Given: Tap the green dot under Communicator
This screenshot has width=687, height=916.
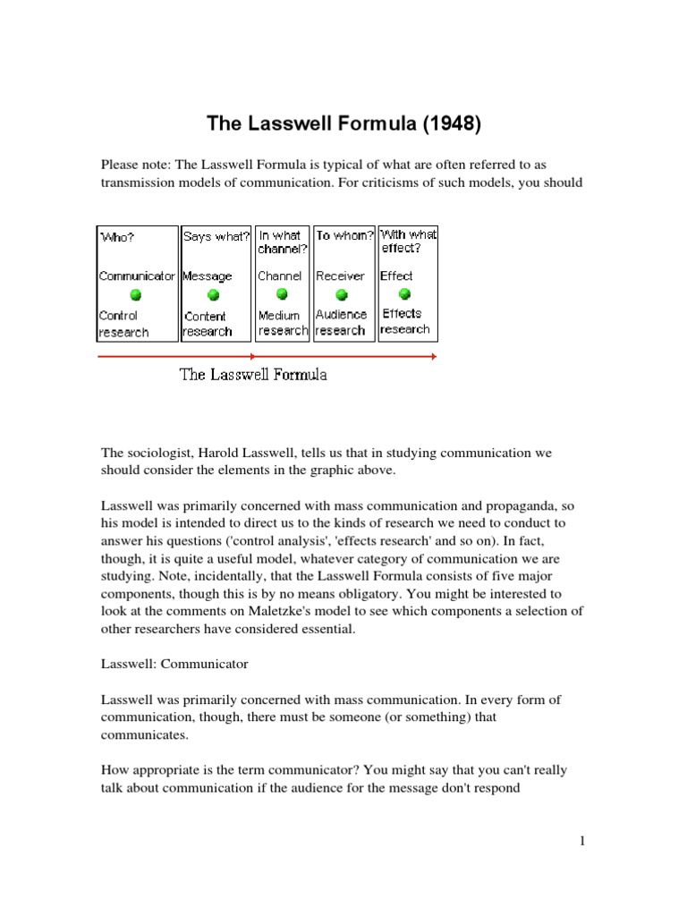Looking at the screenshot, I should click(135, 294).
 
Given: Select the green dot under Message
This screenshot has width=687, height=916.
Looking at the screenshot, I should click(213, 294).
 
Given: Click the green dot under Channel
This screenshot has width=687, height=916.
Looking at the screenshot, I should click(282, 293).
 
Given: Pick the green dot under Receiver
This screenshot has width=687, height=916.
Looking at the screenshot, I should click(341, 293).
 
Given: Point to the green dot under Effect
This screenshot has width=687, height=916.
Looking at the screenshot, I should click(404, 293).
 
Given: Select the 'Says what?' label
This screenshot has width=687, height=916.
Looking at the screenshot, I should click(216, 237).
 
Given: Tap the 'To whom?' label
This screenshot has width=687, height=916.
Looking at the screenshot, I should click(344, 236).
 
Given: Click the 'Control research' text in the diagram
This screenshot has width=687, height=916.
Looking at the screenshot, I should click(123, 324).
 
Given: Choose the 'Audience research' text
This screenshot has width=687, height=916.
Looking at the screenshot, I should click(341, 322).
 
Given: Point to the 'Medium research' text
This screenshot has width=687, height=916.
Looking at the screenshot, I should click(282, 323).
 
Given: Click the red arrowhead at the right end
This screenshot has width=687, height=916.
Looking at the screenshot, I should click(433, 357).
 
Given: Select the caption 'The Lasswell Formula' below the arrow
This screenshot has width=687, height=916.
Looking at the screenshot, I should click(253, 375).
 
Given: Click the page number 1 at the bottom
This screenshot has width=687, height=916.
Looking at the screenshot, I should click(582, 842).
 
